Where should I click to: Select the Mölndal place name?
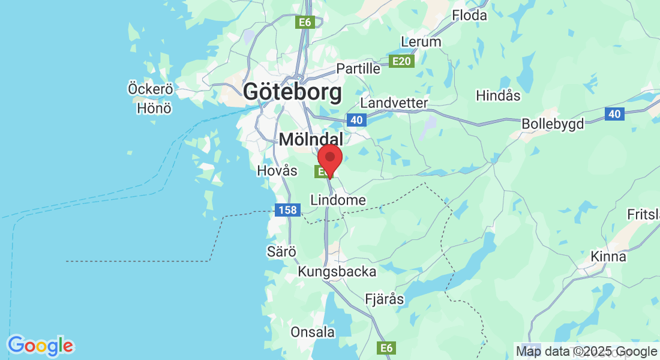(311, 140)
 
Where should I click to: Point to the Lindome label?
(338, 200)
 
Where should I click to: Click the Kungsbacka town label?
(337, 272)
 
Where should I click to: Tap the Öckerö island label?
(151, 89)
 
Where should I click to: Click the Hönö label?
(154, 108)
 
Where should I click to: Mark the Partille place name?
(358, 68)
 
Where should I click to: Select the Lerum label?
(421, 42)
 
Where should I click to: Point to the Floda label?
(470, 16)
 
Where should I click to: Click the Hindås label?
(498, 95)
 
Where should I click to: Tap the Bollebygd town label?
(553, 124)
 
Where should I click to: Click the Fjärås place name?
(385, 298)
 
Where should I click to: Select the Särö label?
(282, 252)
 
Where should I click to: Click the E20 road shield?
(401, 61)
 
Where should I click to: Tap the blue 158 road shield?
(287, 211)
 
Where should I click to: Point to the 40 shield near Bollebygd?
(613, 114)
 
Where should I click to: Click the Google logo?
(40, 346)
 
